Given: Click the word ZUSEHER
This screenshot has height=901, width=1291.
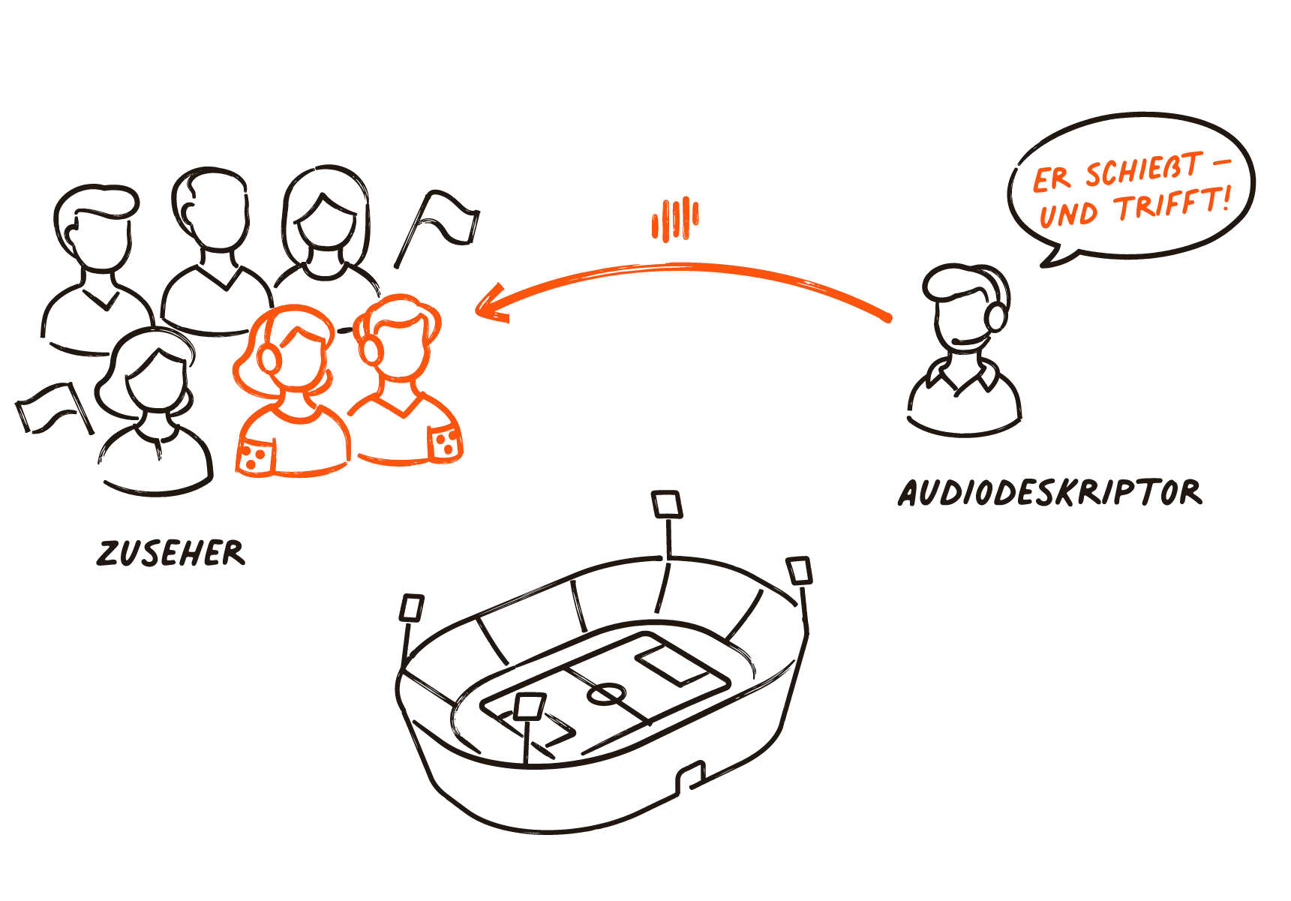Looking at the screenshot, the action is pos(171,553).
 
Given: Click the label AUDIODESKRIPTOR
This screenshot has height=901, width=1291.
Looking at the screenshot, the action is pos(1050,493).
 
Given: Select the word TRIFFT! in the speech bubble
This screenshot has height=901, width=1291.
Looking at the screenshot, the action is pos(1173,203).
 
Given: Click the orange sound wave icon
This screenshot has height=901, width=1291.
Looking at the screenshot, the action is pos(675,220).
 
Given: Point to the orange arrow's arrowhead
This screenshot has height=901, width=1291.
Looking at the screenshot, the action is pos(491,305).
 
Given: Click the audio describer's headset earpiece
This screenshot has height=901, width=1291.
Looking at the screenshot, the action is pos(996,316).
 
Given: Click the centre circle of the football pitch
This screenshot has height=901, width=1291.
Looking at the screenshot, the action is pos(606,694).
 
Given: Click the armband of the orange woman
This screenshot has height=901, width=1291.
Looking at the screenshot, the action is pos(255,455).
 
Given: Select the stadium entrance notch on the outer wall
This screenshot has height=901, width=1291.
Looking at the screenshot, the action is pos(691,777).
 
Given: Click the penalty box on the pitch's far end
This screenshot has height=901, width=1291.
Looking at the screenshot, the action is pos(673,663).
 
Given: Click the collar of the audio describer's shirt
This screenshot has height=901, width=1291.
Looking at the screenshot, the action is pos(963,375).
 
